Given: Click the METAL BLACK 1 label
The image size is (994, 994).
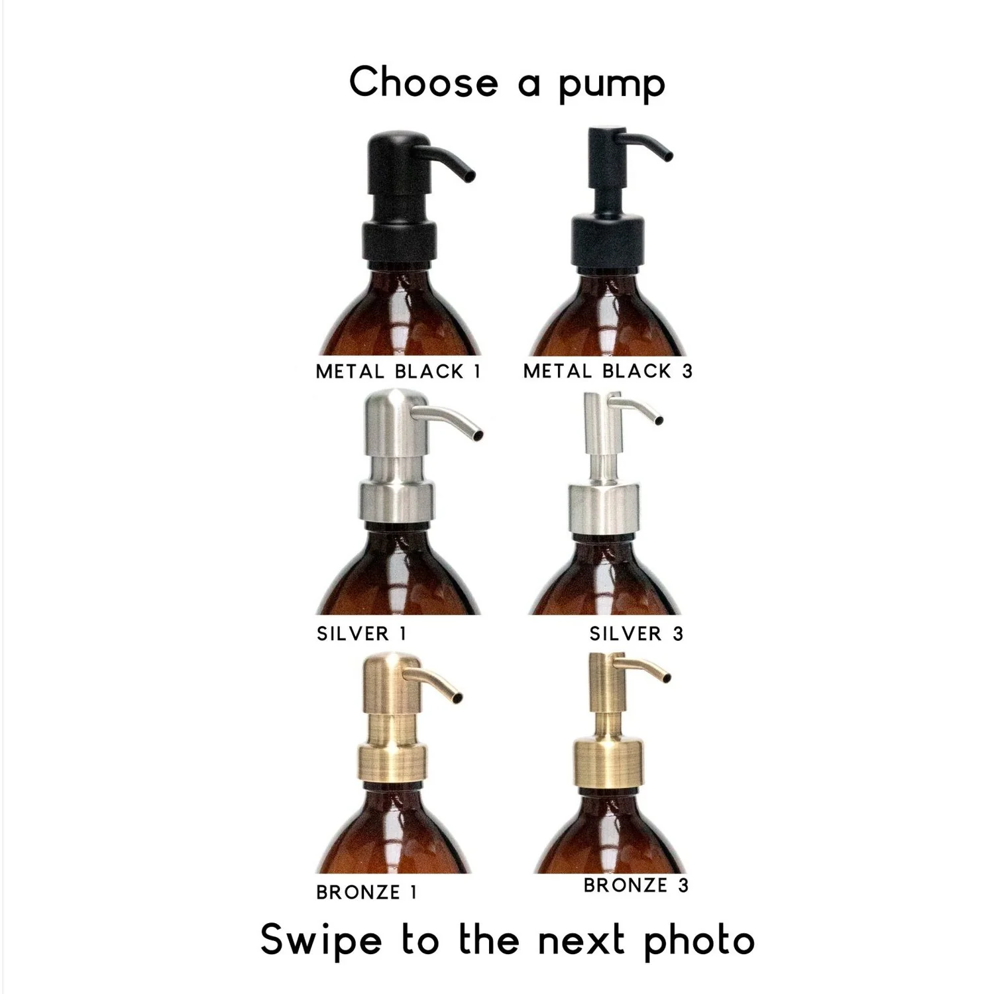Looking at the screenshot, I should coord(398,372).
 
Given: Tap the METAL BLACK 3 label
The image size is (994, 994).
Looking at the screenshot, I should coord(608,371).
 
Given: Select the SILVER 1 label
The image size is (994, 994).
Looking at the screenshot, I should coord(361,634).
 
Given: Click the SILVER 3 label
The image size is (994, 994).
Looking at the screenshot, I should coord(636,634).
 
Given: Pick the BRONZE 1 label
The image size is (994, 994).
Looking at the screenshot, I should coord(366,893).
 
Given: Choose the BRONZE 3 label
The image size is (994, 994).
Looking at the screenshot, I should coord(635,885).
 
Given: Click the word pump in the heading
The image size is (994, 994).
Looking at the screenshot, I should coord(611,84).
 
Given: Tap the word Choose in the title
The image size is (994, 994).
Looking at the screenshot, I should coord(423,82).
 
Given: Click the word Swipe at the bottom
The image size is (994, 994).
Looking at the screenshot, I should coord(321,941).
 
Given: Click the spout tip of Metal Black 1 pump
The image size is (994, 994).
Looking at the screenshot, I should coord(469,176).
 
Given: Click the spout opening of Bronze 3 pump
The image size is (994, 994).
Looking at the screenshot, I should coord(665,677).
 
